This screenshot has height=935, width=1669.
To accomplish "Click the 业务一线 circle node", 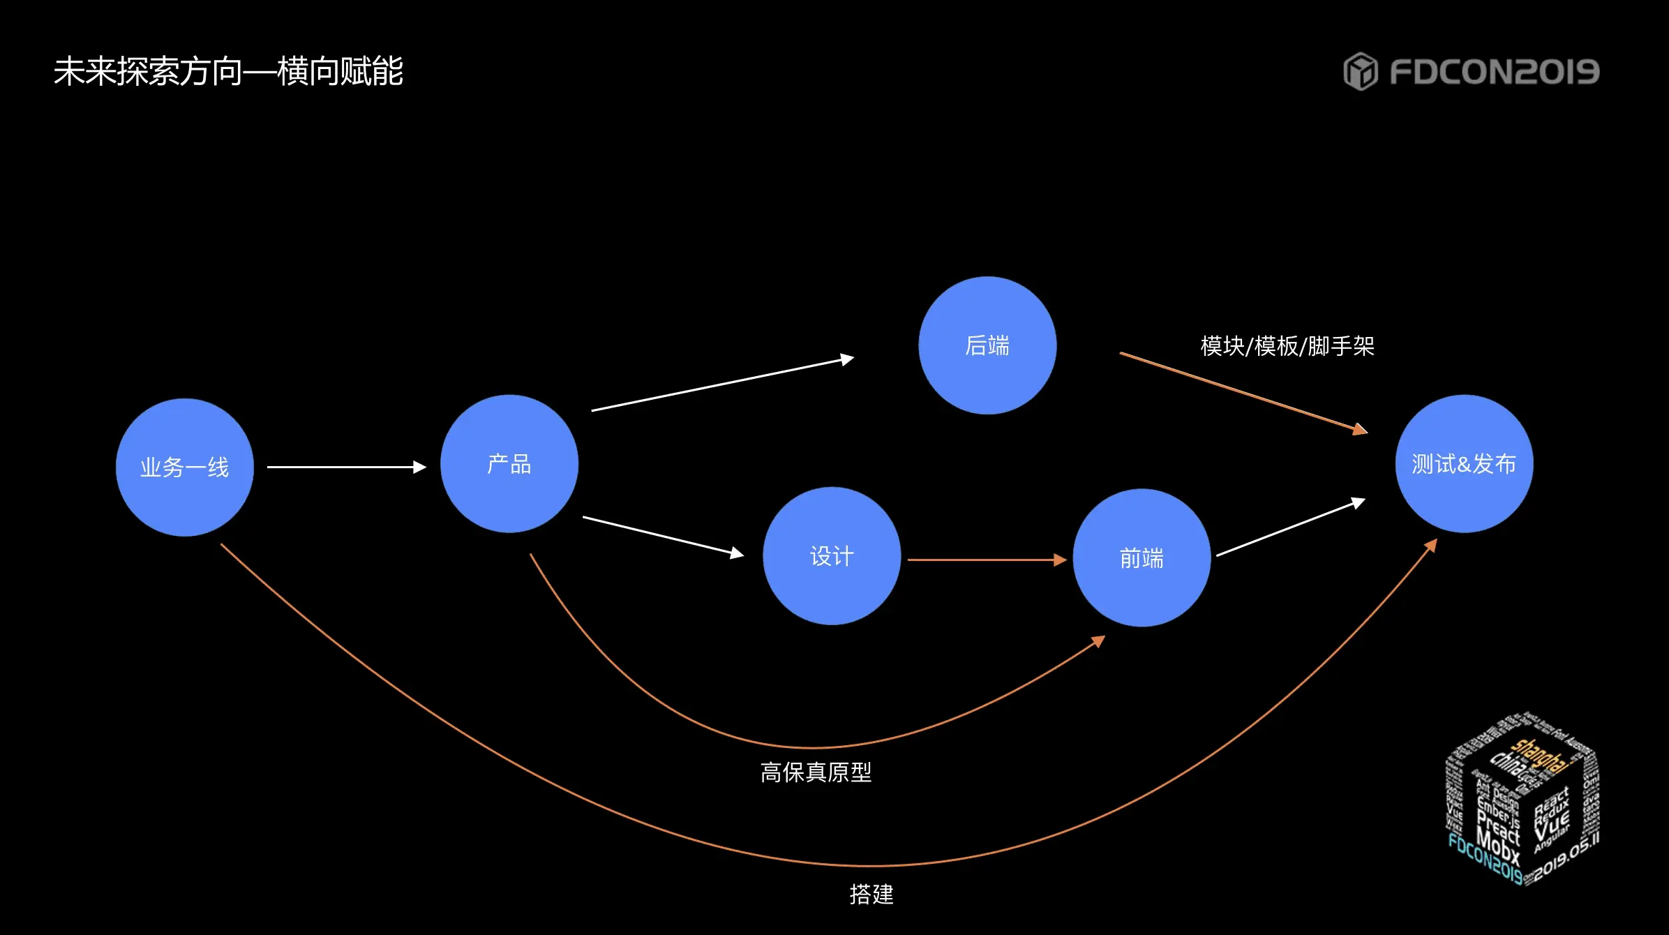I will click(185, 467).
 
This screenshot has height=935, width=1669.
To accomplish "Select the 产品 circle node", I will click(509, 464).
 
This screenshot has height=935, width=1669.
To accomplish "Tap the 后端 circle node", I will click(987, 345).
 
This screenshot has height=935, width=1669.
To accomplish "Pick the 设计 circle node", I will click(832, 556).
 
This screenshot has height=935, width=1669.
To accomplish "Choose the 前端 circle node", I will click(1142, 558).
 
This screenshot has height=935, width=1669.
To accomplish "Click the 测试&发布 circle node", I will click(1464, 464).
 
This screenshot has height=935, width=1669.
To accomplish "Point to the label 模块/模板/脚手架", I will click(1287, 346).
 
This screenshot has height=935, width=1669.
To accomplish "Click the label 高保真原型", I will click(816, 772).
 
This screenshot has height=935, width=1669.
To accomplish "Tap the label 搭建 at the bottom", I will click(871, 894).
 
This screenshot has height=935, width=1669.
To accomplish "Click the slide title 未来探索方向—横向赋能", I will click(228, 71).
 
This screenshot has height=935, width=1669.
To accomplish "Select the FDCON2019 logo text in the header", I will click(1494, 72).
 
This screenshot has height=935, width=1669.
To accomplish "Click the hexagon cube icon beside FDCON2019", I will click(1360, 71).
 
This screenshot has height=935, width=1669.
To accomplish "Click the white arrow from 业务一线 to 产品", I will click(346, 467).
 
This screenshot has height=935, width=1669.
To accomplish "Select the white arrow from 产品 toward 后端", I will click(722, 384).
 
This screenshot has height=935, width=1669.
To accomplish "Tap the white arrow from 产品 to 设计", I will click(663, 536).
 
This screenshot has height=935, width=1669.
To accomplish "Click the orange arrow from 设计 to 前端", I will click(987, 560).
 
